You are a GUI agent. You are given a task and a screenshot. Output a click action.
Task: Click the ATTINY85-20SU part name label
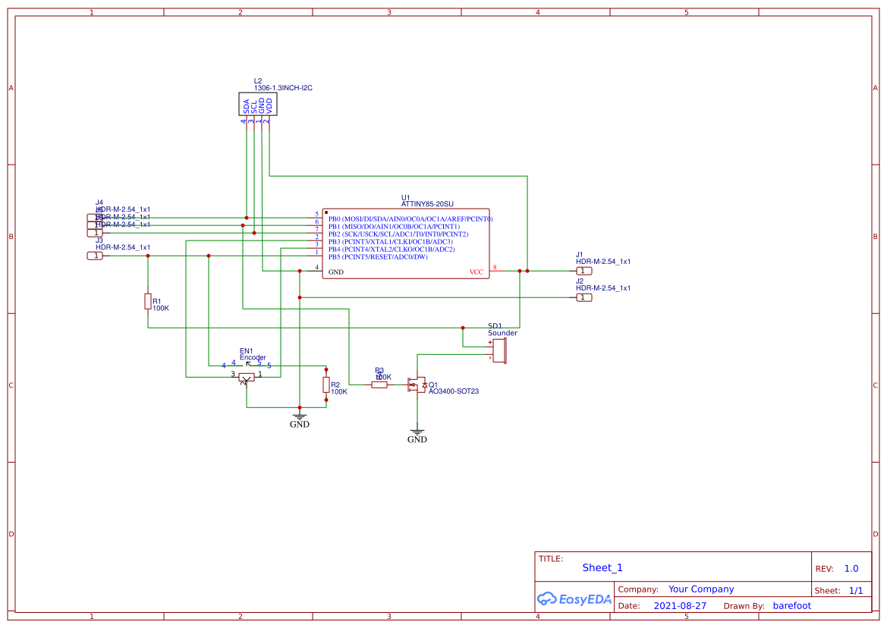tap(427, 205)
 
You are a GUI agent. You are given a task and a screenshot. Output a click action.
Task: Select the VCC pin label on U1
tap(476, 272)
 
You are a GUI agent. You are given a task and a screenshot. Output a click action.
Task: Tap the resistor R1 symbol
tap(147, 302)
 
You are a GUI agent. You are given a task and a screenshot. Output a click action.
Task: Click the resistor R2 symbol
tap(326, 385)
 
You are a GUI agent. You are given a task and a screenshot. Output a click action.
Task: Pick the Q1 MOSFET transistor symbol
tap(417, 385)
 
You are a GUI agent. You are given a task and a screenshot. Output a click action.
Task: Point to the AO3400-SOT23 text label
tap(454, 392)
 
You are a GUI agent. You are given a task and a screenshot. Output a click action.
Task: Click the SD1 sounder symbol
tap(499, 350)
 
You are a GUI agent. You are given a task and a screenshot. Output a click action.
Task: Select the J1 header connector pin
tap(583, 271)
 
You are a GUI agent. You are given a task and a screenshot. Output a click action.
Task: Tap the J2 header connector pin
tap(583, 297)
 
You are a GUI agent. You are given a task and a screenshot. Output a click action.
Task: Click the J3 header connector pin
tap(95, 256)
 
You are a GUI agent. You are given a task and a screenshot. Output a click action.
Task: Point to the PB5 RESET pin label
tap(378, 257)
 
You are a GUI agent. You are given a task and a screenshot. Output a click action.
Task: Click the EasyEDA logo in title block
tap(574, 598)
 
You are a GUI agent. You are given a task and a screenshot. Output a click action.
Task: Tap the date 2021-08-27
tap(680, 606)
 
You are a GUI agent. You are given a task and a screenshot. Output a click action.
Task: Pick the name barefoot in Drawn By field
tap(791, 606)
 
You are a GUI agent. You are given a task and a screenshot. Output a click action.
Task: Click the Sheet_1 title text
tap(602, 568)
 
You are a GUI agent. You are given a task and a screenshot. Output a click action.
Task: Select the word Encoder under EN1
tap(253, 357)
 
